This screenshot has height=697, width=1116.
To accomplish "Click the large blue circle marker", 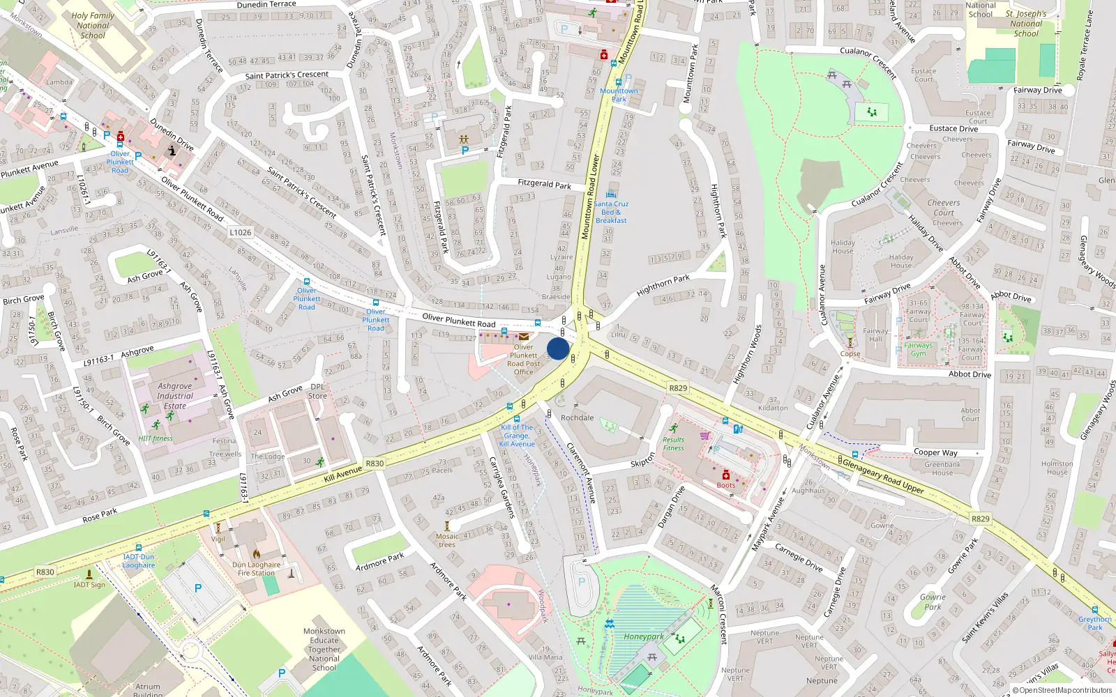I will point(558,348).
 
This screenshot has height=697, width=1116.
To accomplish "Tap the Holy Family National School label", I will point(93,25).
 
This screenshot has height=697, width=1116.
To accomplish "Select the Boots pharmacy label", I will point(725,485).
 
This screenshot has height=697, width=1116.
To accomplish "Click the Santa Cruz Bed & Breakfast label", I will point(611,212).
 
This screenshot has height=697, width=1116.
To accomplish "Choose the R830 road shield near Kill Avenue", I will point(375,463).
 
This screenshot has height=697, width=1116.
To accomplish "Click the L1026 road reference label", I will point(240,232).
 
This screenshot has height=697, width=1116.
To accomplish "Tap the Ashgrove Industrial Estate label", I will point(175,395).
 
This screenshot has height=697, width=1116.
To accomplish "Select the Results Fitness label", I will point(674,443).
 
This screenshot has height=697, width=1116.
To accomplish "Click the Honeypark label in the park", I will point(643,636).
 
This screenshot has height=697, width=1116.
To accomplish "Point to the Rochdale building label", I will point(578,418).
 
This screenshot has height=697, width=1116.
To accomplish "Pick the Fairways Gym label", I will point(919,349).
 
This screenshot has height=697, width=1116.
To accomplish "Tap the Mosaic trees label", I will point(447,540).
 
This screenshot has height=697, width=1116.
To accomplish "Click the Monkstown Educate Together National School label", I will point(324,649).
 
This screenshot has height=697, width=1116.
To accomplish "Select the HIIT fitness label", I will point(156,438).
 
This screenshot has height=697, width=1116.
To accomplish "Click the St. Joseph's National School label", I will point(1026,23).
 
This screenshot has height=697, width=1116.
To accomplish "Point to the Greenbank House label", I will point(942,468).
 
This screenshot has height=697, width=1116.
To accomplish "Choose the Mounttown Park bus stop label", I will point(619,95).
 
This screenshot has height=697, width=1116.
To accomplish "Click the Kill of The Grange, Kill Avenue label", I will point(518,436).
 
